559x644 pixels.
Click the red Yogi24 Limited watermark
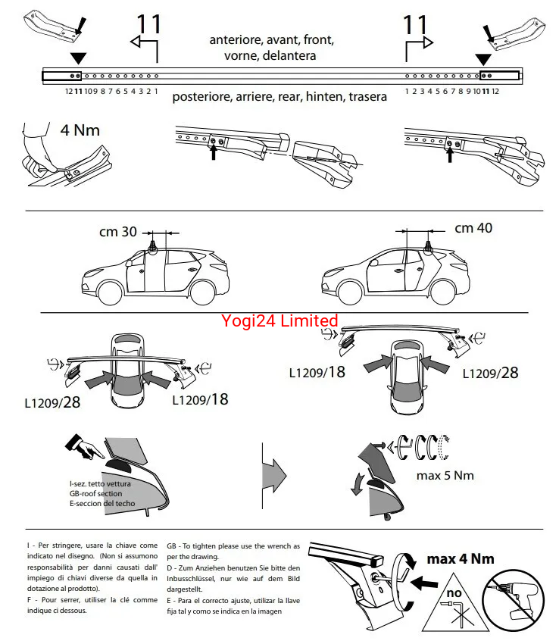[x=279, y=321]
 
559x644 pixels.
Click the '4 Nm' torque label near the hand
[x=80, y=130]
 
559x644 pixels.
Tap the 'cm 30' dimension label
[x=117, y=232]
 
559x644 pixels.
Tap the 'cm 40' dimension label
[x=473, y=228]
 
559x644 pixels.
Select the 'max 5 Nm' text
[x=445, y=476]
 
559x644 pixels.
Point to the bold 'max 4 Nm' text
[x=461, y=559]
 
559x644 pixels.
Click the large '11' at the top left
[x=148, y=25]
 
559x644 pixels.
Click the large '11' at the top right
[x=415, y=25]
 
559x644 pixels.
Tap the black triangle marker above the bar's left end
[x=78, y=58]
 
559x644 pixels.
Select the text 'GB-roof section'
[x=95, y=493]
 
